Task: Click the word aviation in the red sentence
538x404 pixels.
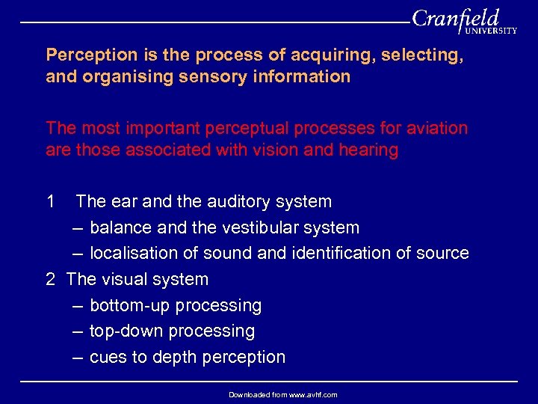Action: click(x=436, y=128)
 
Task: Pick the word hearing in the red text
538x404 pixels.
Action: click(x=367, y=150)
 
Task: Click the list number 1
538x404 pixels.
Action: click(x=51, y=201)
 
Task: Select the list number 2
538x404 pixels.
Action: click(x=51, y=279)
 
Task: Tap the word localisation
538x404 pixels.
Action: click(x=132, y=254)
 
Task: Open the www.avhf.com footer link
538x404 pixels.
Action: click(x=308, y=394)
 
